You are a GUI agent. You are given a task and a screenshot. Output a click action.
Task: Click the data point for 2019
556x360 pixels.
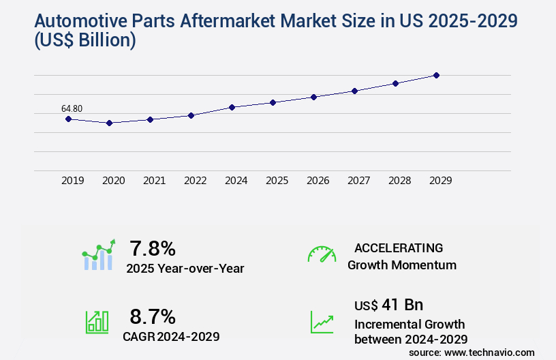(x=68, y=119)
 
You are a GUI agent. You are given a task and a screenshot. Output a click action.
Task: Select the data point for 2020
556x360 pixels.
(x=109, y=123)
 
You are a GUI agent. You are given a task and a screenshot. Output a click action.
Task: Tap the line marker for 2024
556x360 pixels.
(x=232, y=107)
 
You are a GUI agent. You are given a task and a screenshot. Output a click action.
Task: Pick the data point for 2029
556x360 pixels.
(x=436, y=75)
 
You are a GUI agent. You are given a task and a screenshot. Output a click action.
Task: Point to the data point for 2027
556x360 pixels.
(x=354, y=91)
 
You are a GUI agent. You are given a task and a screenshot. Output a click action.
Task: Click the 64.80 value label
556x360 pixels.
(x=72, y=108)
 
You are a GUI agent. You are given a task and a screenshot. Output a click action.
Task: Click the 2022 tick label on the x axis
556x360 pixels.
(x=195, y=181)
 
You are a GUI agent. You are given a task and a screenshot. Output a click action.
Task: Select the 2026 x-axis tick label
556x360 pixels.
(x=318, y=181)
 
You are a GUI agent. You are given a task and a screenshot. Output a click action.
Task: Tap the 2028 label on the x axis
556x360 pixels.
(x=399, y=181)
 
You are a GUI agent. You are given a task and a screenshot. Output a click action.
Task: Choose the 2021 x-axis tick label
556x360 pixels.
(x=154, y=181)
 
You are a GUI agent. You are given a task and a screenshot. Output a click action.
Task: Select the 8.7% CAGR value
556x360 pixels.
(x=153, y=316)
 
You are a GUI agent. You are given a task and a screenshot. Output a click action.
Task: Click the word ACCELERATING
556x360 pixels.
(x=399, y=247)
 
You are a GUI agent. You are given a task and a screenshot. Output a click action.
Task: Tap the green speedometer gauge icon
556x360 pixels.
(x=322, y=254)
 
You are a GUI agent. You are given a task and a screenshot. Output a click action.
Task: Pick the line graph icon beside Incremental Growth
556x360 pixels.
(x=322, y=322)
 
